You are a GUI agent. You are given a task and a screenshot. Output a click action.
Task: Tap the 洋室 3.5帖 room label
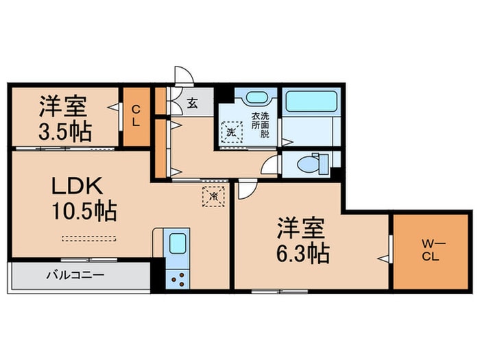[x=65, y=118]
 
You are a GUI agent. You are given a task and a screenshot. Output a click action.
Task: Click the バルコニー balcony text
[x=75, y=276]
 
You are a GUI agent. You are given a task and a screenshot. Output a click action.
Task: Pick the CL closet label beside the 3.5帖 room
[x=136, y=116]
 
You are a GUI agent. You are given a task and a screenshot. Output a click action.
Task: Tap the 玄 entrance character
[x=193, y=104]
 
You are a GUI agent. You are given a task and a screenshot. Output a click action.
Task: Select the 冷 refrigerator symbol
[x=213, y=197]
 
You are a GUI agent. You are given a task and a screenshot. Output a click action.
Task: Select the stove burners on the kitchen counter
[x=178, y=278]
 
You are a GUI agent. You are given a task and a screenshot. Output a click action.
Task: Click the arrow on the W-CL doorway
[x=384, y=259]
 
